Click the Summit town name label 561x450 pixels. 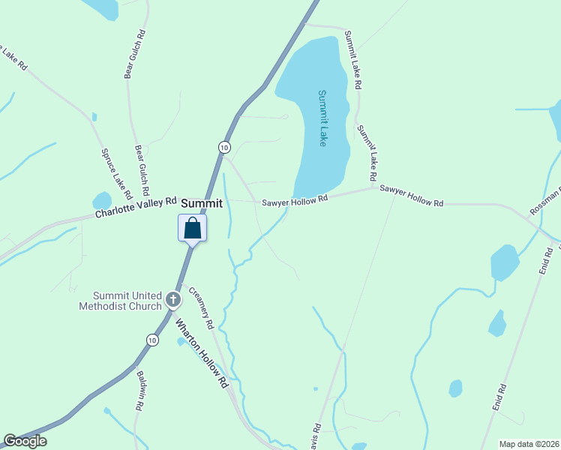click(202, 203)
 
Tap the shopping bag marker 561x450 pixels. click(192, 228)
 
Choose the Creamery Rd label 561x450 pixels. click(201, 308)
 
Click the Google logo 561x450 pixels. click(25, 441)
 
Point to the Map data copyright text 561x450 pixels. click(529, 444)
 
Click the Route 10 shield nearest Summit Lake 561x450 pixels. click(223, 147)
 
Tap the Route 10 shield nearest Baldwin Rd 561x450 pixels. click(152, 340)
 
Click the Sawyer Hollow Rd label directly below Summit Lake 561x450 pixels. click(295, 201)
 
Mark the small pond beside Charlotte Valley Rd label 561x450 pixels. click(101, 201)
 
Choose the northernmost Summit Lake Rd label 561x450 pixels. click(352, 60)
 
